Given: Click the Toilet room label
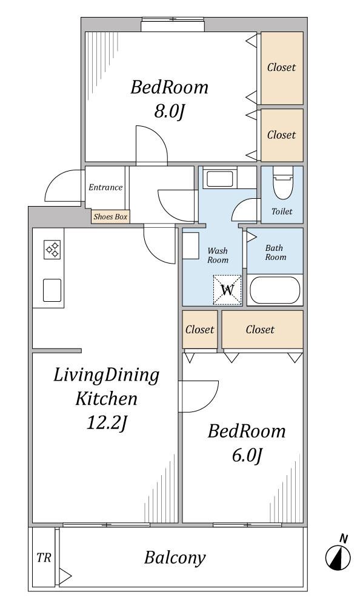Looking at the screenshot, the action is [x=282, y=211].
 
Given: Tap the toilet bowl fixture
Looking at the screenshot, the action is [x=282, y=183].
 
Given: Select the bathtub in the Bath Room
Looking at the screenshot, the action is [x=275, y=290].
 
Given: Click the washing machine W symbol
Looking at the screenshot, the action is [x=227, y=290].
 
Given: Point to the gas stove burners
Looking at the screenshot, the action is [x=52, y=249].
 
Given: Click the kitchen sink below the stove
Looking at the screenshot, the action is [x=52, y=290].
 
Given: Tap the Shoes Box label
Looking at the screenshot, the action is [x=110, y=217].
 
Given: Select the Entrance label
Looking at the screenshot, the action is [x=105, y=187].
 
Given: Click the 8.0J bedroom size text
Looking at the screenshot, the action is [x=168, y=112].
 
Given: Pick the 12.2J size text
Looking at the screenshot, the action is [x=107, y=423].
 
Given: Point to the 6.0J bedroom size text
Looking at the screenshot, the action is [x=247, y=456].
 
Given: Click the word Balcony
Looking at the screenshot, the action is [x=175, y=558].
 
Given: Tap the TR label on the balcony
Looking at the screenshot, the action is [x=44, y=558].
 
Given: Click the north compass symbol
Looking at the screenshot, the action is [x=338, y=555].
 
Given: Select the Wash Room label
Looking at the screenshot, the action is [x=218, y=255].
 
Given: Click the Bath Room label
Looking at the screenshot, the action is [x=275, y=252].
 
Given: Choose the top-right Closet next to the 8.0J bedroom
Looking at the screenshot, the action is [x=281, y=67].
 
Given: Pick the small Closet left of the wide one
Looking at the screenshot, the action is [x=199, y=329].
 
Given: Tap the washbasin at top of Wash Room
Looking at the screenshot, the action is [x=220, y=179].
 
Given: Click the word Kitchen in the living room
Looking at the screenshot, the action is [x=106, y=399].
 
